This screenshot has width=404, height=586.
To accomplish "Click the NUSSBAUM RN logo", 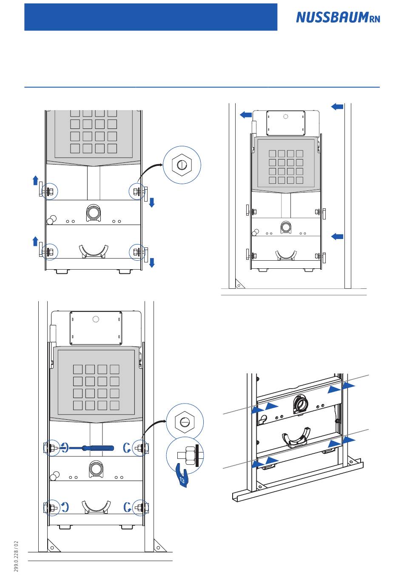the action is [338, 17].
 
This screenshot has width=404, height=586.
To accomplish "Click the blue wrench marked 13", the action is [182, 475].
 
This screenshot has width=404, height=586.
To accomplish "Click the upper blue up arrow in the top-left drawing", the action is [36, 180].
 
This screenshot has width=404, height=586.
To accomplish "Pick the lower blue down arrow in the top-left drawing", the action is [152, 263].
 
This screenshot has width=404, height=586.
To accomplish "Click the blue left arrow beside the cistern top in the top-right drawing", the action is [246, 114].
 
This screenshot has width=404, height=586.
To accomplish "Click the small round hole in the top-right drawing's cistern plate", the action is [286, 117].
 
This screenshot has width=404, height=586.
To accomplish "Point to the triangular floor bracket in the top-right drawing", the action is [239, 284].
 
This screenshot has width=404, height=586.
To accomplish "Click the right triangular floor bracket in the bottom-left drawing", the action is [159, 546].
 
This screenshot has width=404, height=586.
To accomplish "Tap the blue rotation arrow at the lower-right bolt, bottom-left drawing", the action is [127, 507].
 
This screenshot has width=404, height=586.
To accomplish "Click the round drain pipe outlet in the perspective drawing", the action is [300, 404].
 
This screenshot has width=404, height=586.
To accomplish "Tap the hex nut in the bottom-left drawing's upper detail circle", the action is [185, 422].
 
